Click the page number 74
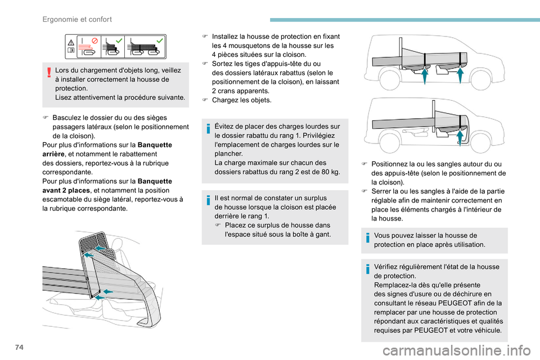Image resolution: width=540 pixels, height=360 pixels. point(20,347)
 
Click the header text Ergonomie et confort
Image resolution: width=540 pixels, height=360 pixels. point(77,19)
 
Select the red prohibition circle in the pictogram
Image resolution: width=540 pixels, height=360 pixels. point(94,40)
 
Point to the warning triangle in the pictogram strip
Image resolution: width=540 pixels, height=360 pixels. point(71,43)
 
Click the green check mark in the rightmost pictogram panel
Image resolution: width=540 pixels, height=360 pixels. point(160,40)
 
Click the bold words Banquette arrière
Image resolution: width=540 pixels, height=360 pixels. point(107,150)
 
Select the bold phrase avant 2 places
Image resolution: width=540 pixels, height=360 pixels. point(66,191)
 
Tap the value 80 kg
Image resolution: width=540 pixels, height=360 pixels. point(331,172)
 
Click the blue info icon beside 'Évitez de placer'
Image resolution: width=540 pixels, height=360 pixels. point(208,128)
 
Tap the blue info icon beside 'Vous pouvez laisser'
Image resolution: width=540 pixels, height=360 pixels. point(367,238)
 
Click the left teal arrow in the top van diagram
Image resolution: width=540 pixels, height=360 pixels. point(425,76)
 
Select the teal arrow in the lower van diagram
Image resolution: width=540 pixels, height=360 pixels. point(460,138)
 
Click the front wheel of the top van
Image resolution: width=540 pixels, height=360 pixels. point(481,79)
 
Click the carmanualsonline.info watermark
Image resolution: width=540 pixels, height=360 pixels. point(457,351)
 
